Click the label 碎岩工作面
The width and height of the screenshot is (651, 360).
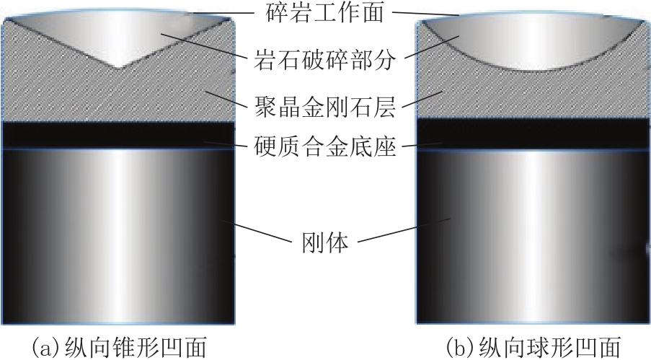point(324,12)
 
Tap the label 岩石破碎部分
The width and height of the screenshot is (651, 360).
point(324,60)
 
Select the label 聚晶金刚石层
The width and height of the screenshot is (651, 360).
point(324,107)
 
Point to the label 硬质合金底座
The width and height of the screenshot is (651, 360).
point(324,146)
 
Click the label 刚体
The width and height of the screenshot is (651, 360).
point(324,242)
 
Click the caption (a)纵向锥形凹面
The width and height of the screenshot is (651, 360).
point(120,347)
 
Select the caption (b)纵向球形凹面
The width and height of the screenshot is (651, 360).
point(533,347)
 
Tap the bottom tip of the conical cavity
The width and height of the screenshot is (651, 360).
point(118,68)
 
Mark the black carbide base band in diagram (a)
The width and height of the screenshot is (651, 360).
point(118,135)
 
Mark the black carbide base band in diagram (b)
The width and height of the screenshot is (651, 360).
point(533,134)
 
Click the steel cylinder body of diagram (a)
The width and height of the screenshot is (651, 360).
point(118,236)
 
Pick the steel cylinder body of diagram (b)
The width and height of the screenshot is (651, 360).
point(533,237)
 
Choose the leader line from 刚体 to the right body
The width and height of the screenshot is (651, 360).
point(404,230)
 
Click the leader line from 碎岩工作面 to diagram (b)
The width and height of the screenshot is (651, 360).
point(425,13)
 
